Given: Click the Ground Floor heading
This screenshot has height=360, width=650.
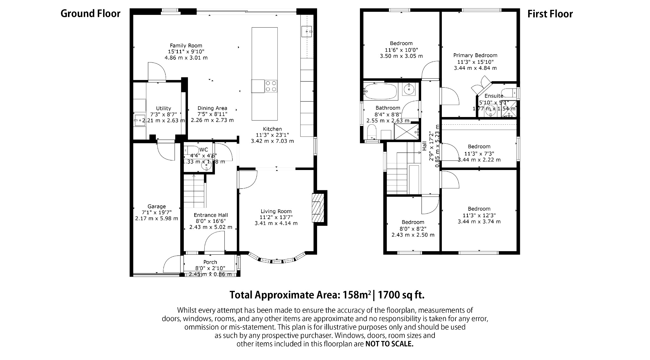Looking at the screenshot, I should pos(90,14).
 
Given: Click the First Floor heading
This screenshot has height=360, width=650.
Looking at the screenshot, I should pos(550,14).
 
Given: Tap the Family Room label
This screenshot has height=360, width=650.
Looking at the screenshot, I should pos(186,46).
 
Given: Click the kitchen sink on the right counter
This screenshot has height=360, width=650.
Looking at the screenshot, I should pos(307,31).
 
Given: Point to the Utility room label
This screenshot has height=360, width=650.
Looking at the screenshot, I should pos(163,108).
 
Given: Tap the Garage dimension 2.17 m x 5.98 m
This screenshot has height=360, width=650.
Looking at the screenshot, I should pos(156,219).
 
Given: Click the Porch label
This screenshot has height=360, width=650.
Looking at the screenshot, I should pos(210,262).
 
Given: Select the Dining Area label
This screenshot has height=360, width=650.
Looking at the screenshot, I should pos(212,108).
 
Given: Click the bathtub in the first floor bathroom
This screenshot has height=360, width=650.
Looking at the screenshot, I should pos(380,91).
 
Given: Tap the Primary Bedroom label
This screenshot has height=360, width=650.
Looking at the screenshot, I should pos(475,56).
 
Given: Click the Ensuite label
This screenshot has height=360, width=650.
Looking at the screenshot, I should pos(494,96).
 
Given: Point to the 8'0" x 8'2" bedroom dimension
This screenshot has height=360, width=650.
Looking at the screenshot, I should pos(413,228).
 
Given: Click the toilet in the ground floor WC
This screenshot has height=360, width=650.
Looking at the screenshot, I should pos(190,150).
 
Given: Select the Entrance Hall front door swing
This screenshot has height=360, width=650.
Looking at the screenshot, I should pos(214,243).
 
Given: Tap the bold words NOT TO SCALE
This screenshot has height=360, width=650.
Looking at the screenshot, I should pos(389,344).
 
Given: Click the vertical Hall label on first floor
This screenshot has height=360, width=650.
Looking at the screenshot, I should pos(424,146).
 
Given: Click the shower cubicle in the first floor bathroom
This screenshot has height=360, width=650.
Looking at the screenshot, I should pos(406,132).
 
